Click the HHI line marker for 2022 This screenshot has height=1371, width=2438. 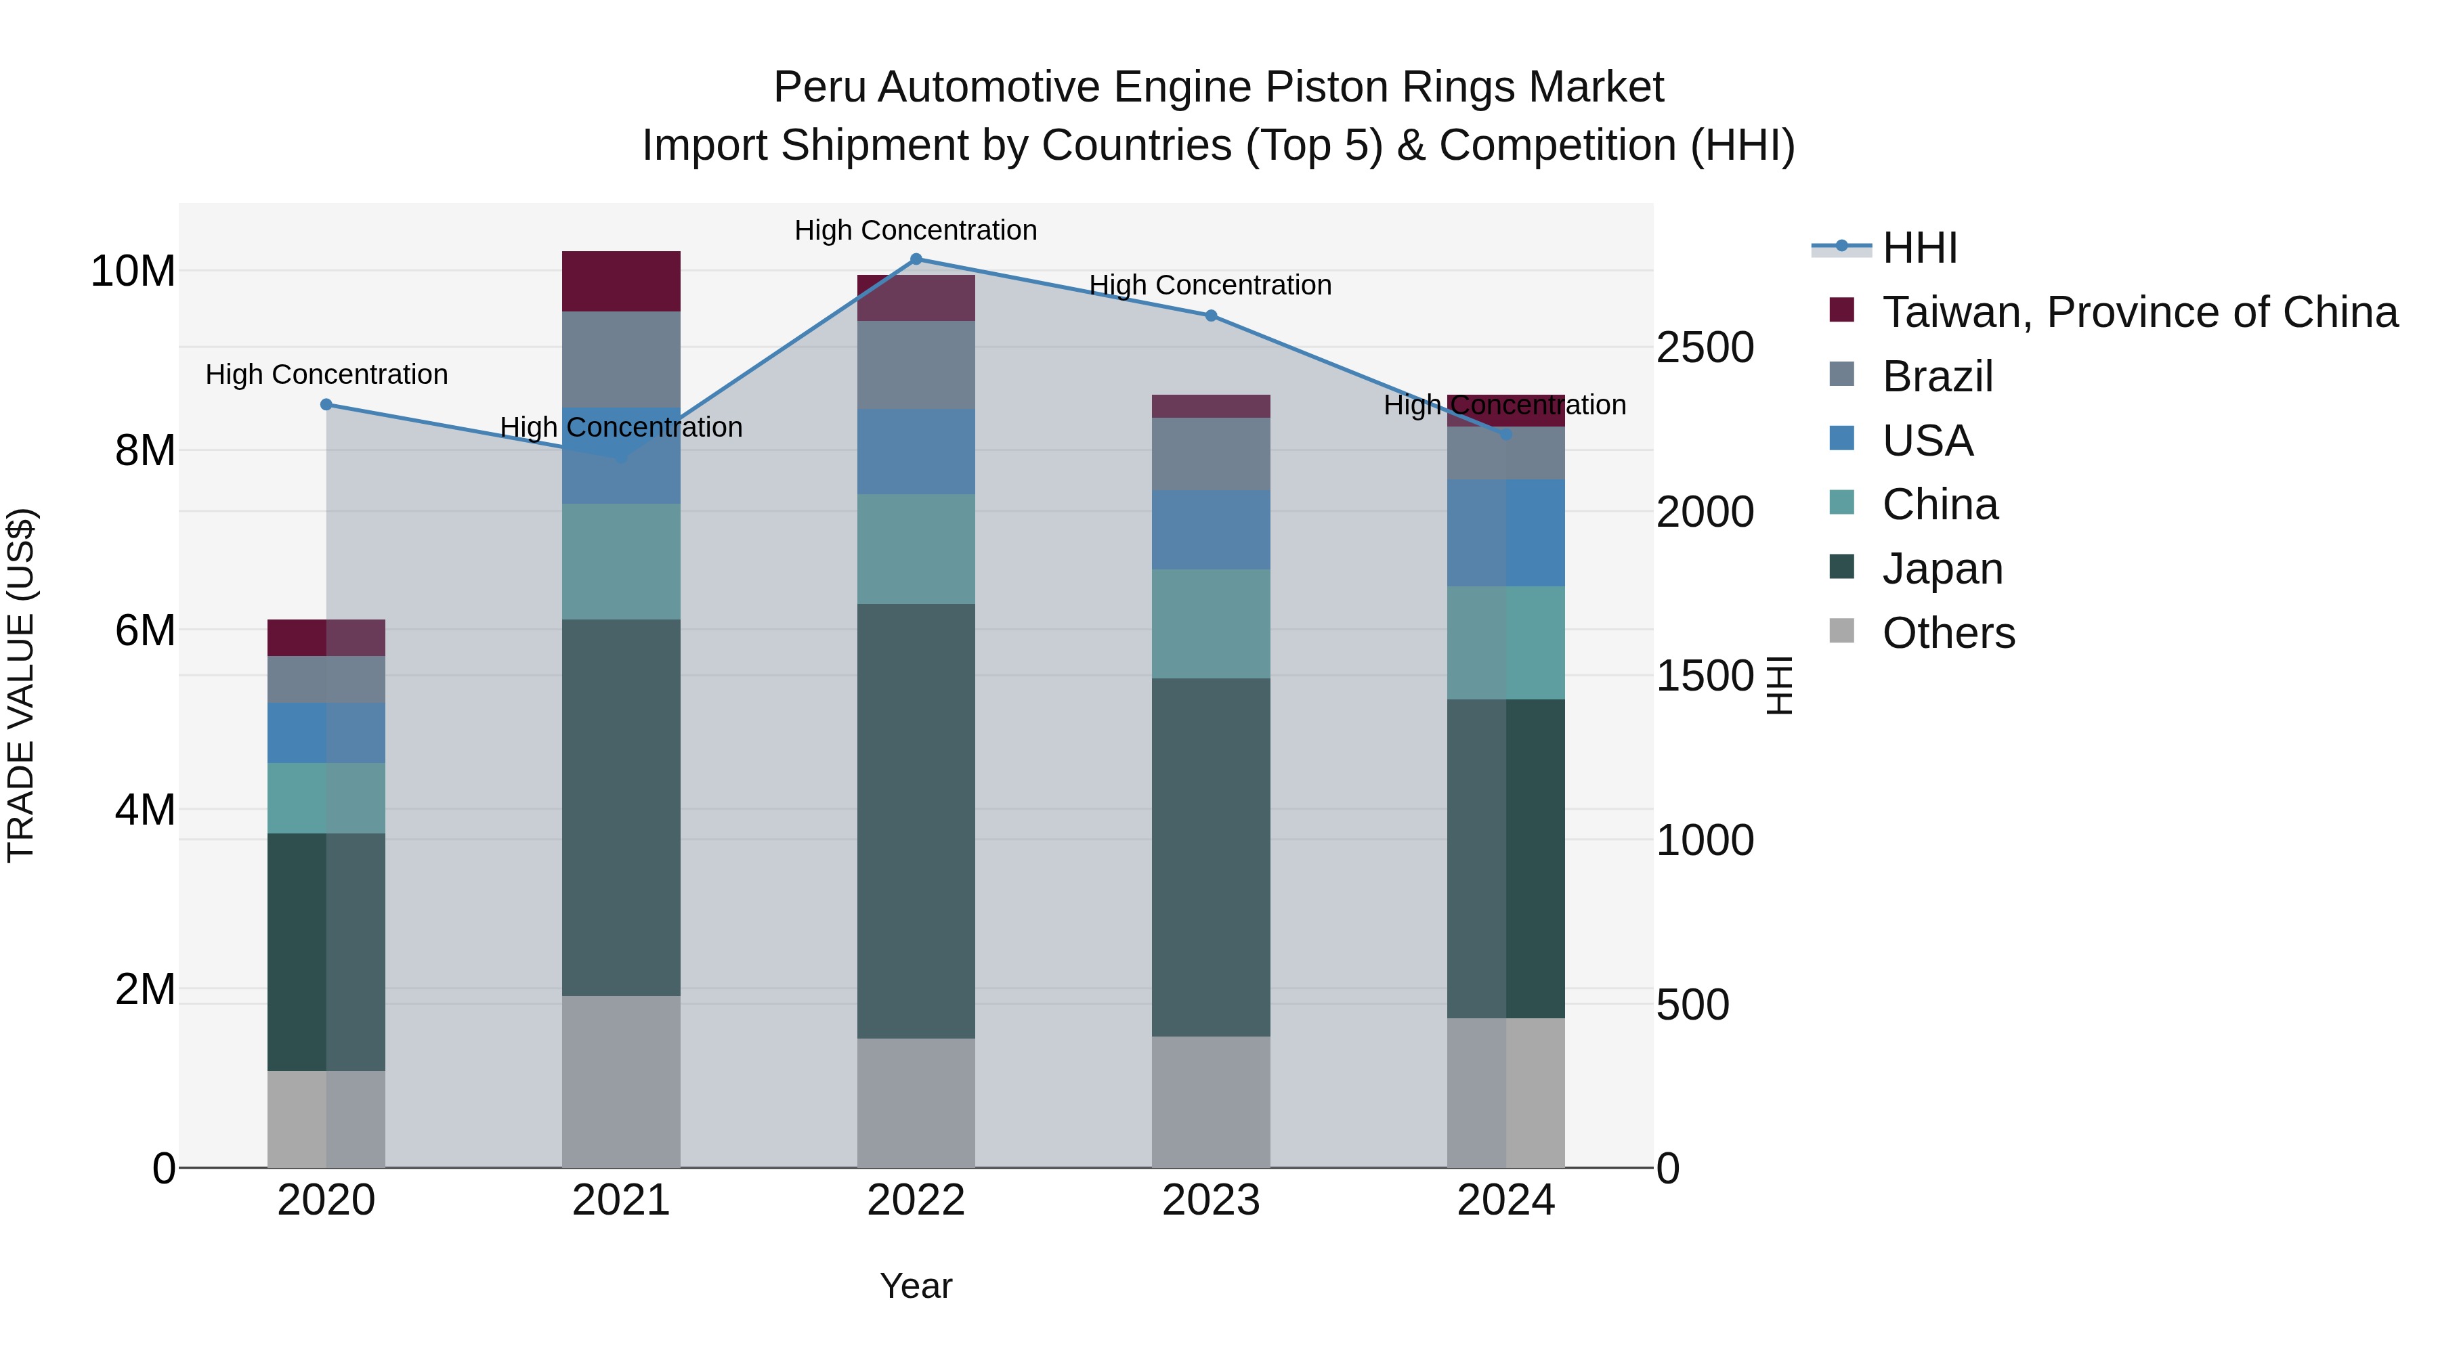tap(915, 259)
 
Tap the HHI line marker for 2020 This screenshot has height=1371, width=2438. tap(326, 404)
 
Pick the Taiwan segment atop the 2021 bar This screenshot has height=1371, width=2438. tap(621, 281)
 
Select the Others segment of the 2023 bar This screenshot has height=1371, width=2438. tap(1210, 1102)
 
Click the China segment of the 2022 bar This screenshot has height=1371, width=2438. tap(915, 549)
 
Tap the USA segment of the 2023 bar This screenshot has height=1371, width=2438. tap(1210, 530)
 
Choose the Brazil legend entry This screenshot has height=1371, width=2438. tap(1938, 376)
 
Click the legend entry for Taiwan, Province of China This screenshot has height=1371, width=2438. tap(2139, 312)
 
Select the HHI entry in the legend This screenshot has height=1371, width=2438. tap(1919, 248)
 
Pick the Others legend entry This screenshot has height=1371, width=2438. tap(1948, 633)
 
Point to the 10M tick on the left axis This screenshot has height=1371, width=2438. tap(133, 271)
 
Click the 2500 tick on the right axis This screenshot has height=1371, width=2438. tap(1705, 347)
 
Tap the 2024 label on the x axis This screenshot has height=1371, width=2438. tap(1505, 1200)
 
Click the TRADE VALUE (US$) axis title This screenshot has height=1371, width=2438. tap(21, 685)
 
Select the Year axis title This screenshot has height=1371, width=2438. tap(915, 1286)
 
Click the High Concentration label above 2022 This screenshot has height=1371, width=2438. tap(915, 230)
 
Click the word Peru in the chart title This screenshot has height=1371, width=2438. tap(819, 87)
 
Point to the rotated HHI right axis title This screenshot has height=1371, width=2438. tap(1779, 685)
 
